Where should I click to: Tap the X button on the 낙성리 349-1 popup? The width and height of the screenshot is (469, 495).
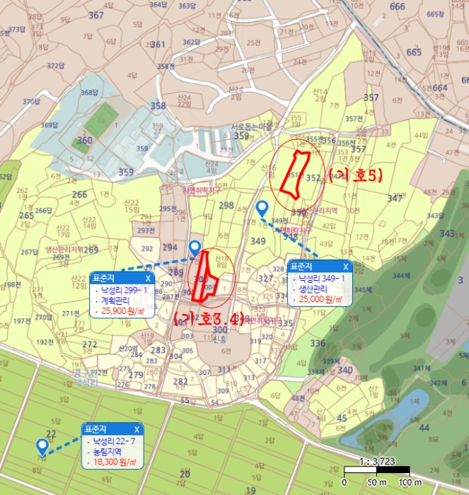coord(345,267)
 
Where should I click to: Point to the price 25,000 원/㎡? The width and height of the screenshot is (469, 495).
coord(320,300)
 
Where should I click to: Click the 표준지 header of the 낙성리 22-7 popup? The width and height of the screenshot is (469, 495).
coord(94,429)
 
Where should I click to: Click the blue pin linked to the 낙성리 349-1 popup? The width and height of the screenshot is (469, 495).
coord(262,208)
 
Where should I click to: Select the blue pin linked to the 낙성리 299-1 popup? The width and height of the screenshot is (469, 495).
coord(195,247)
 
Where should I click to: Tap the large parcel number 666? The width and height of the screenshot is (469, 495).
coord(398,7)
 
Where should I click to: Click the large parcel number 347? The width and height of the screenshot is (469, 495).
coord(395,198)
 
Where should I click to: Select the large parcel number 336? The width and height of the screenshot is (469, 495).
coord(318,344)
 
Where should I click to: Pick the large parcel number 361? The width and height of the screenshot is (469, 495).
coord(158,45)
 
